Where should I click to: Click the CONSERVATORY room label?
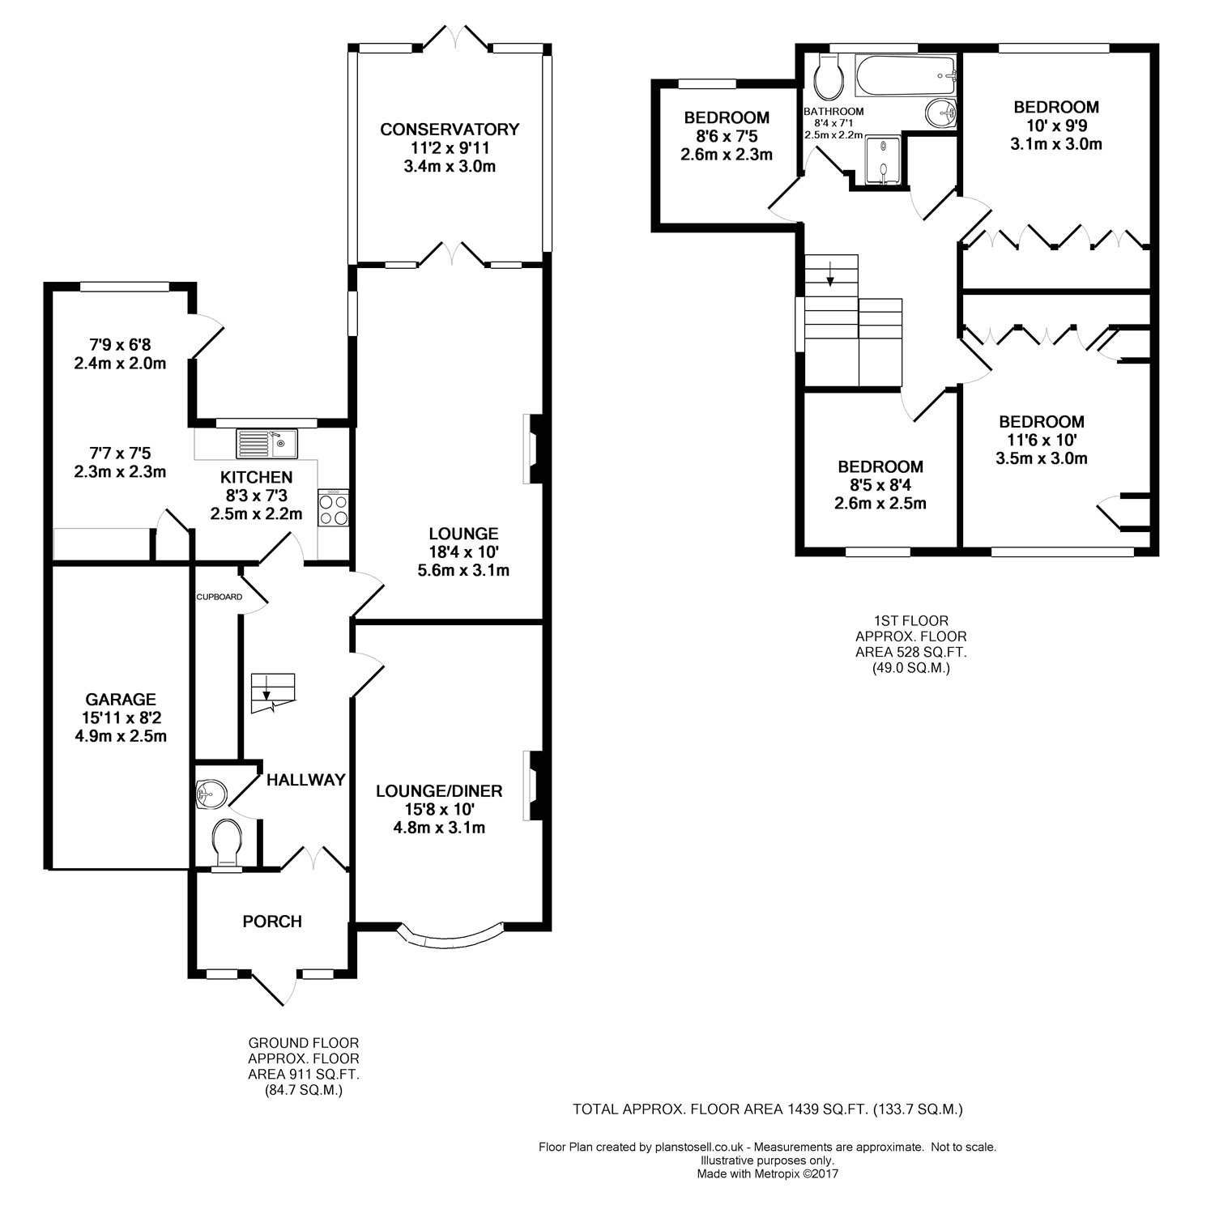tap(450, 130)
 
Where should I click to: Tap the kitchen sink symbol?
tap(266, 443)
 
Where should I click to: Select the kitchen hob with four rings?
tap(334, 510)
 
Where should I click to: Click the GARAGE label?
tap(122, 700)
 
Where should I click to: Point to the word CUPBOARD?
tap(220, 597)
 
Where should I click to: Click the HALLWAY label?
tap(306, 780)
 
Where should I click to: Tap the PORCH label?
tap(272, 922)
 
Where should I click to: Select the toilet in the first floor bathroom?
tap(829, 77)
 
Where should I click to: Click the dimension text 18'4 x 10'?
tap(463, 552)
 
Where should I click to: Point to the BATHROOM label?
tap(833, 112)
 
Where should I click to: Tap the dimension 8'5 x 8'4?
tap(880, 485)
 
